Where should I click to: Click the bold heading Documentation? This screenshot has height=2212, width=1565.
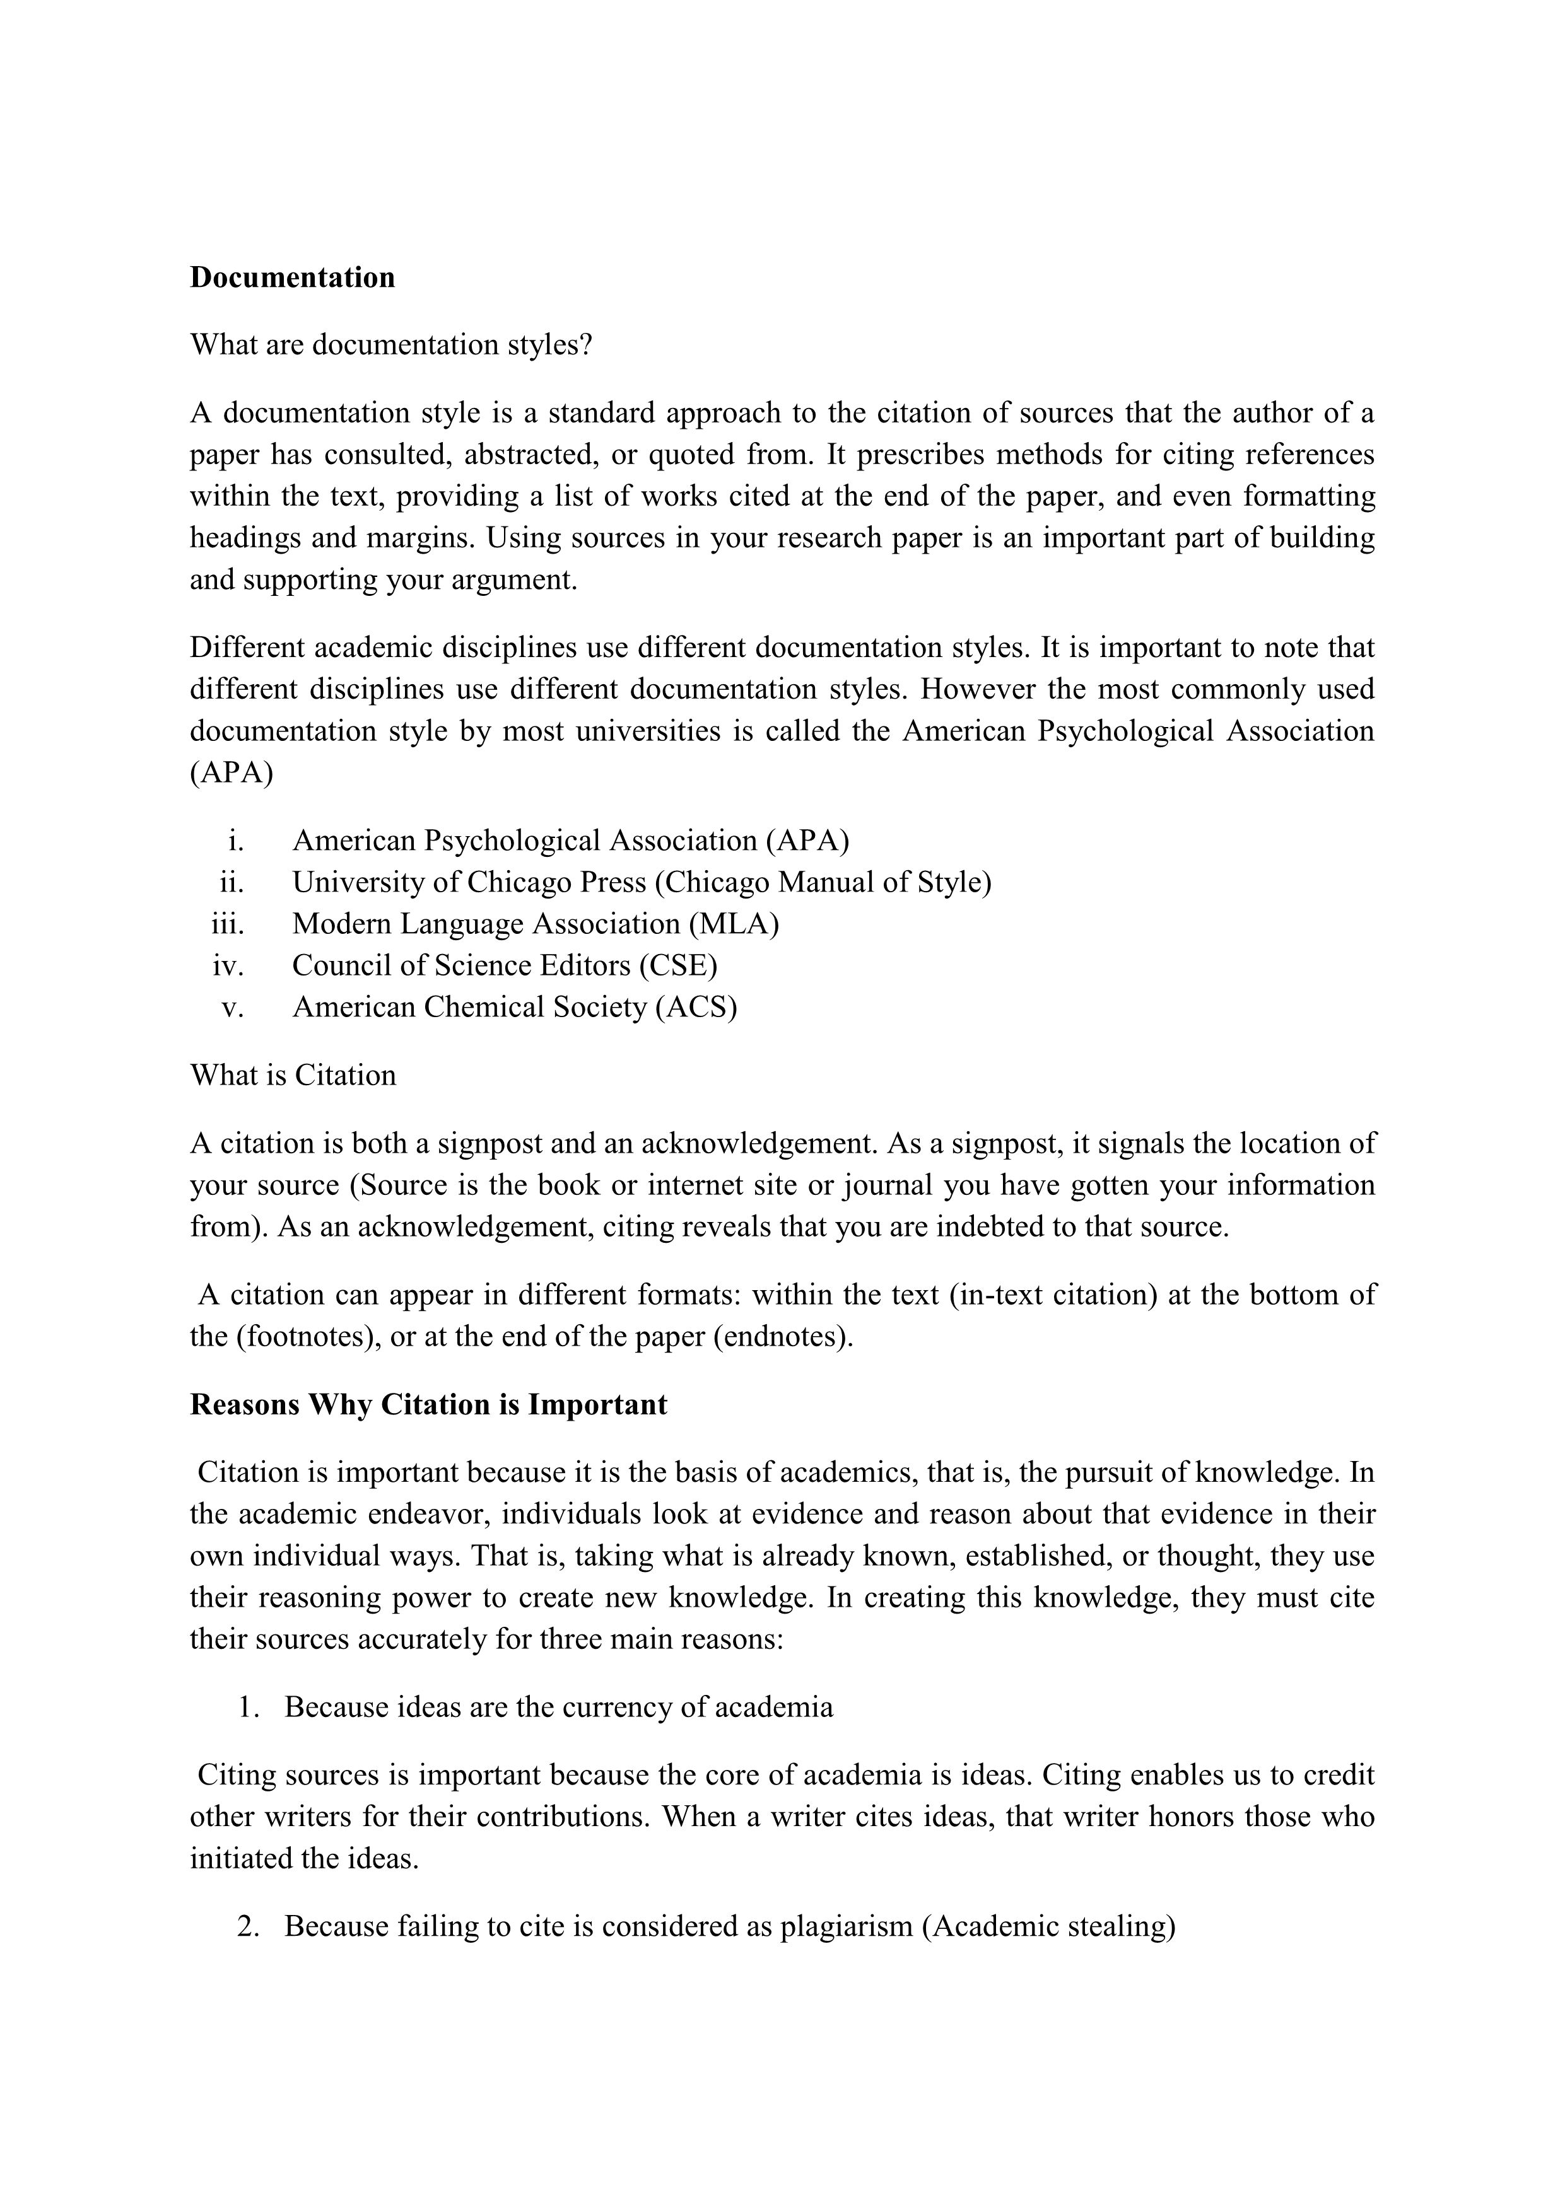coord(292,277)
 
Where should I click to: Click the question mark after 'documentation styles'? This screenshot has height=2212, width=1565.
coord(586,345)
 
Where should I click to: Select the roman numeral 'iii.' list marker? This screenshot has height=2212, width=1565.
coord(228,924)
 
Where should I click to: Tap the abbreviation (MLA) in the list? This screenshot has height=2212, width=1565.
coord(734,924)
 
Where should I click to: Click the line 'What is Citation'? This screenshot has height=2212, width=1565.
coord(293,1075)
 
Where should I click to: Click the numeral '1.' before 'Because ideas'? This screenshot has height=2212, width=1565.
coord(249,1707)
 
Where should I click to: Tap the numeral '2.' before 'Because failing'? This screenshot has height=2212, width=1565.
coord(248,1927)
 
